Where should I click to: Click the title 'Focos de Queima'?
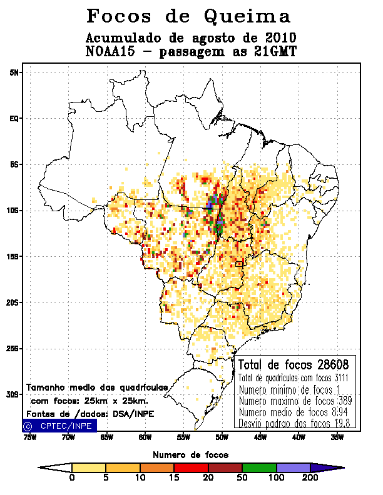[189, 16]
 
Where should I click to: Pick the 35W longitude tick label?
[337, 437]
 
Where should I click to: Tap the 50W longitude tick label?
[222, 437]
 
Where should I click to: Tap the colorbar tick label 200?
[310, 477]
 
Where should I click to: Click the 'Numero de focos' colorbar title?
[191, 454]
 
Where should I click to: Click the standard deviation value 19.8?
[345, 424]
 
